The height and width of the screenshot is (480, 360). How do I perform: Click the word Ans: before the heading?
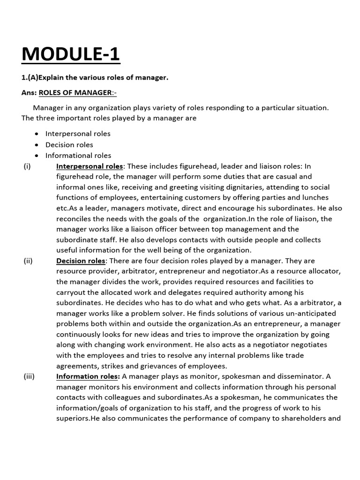pyautogui.click(x=29, y=93)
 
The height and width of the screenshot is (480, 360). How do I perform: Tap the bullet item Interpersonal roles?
pyautogui.click(x=78, y=134)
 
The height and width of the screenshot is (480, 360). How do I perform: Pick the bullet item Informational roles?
pyautogui.click(x=78, y=155)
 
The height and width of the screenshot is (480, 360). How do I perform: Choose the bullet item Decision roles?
pyautogui.click(x=69, y=144)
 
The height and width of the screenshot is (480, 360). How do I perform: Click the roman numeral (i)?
pyautogui.click(x=27, y=166)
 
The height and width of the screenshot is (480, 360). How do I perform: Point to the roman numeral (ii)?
pyautogui.click(x=28, y=261)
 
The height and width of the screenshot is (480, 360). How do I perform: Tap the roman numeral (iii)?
pyautogui.click(x=29, y=376)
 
